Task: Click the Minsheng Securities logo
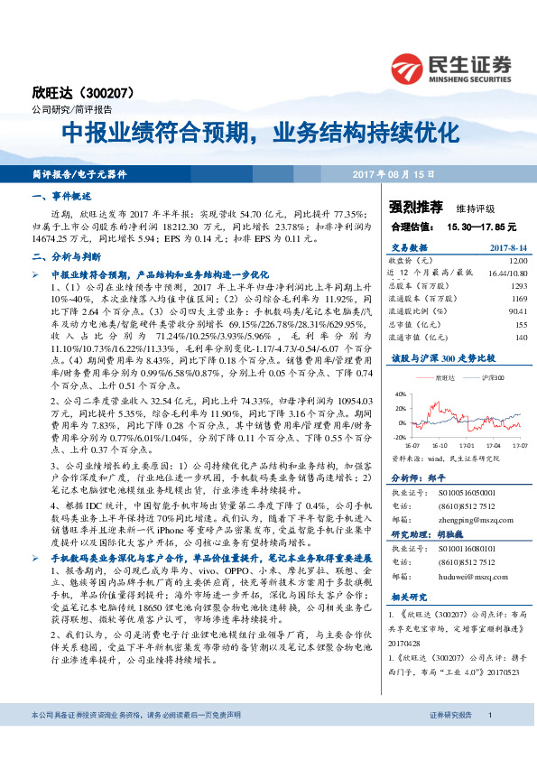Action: click(449, 67)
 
